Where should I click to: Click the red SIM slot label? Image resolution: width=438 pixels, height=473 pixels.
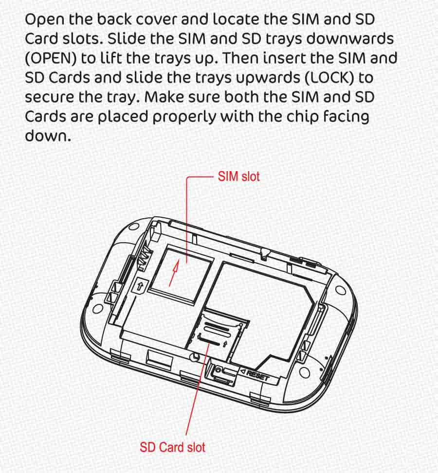pos(238,176)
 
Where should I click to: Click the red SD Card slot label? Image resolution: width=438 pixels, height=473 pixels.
pos(172,447)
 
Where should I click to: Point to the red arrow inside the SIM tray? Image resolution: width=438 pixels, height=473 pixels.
pos(174,273)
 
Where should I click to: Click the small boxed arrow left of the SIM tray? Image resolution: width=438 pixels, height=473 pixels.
pos(140,286)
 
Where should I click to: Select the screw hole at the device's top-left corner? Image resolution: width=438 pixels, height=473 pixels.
pos(134,227)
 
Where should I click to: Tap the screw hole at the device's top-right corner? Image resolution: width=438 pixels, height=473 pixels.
pos(341,290)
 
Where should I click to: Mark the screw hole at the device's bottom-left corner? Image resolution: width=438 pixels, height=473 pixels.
pos(98,309)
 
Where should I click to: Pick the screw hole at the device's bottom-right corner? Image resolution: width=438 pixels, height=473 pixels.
pos(305,373)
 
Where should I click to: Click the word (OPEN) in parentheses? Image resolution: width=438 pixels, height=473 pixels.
pos(51,58)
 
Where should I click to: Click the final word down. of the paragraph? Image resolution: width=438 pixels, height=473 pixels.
pos(48,136)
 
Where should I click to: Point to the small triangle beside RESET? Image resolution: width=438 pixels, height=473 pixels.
pos(243,372)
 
